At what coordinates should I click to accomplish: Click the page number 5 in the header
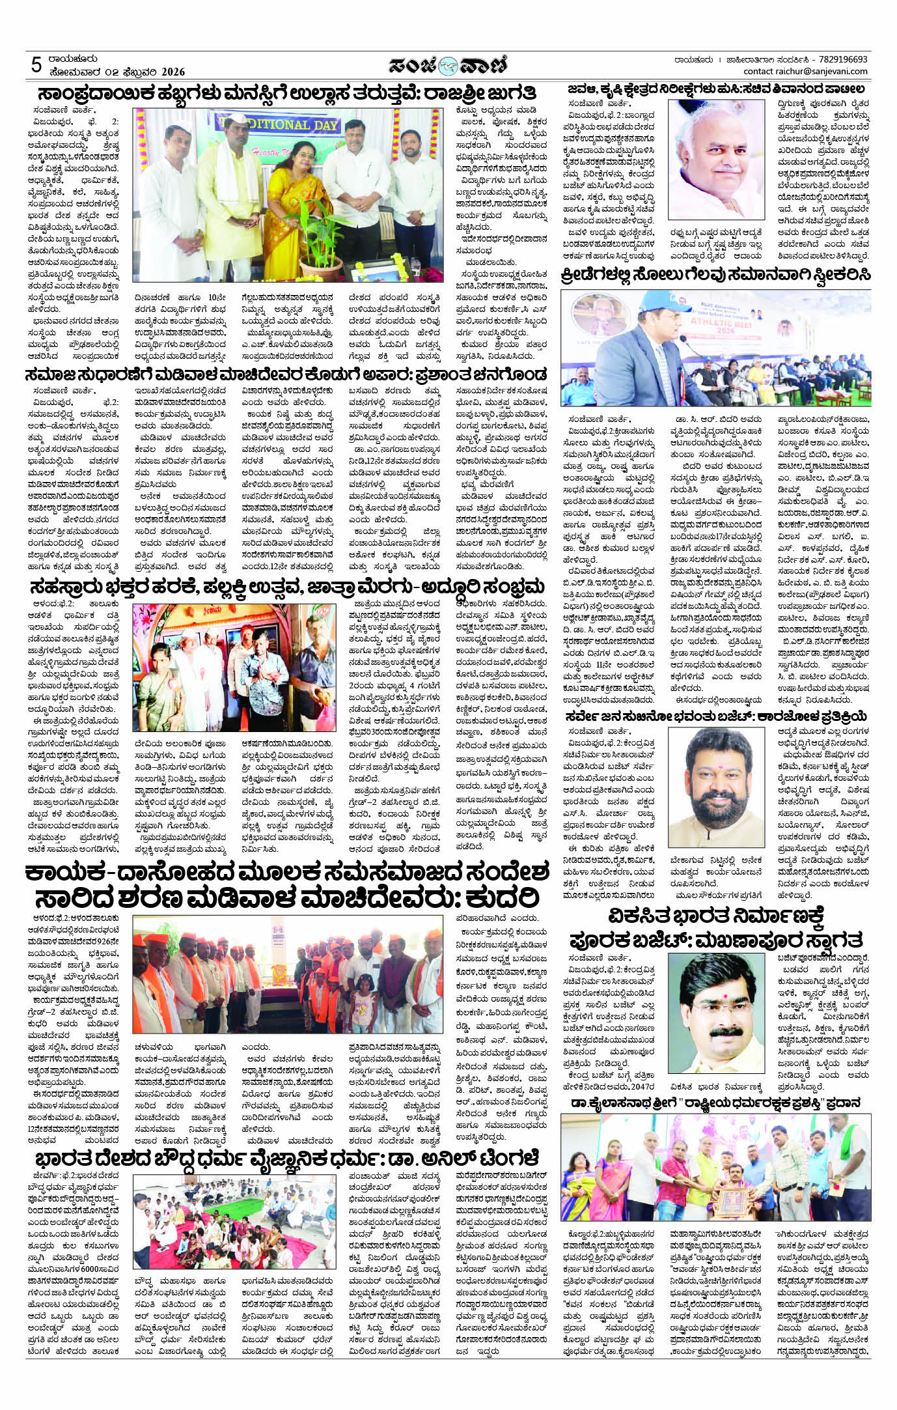tap(36, 66)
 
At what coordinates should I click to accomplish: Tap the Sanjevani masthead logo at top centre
tap(448, 65)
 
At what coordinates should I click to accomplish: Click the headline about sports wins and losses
tap(715, 275)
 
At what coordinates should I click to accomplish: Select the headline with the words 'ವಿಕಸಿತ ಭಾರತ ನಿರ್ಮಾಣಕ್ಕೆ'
tap(715, 915)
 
